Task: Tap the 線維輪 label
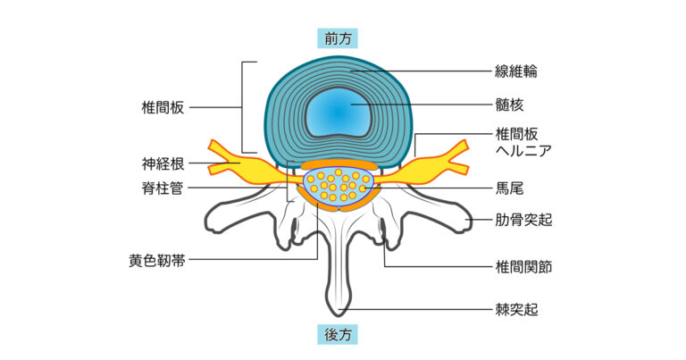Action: [515, 70]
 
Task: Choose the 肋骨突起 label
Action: [523, 219]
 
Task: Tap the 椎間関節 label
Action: [523, 266]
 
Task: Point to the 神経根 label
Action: [163, 163]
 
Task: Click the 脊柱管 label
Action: [163, 188]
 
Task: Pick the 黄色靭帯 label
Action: [156, 261]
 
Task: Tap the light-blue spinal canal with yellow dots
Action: [339, 186]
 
